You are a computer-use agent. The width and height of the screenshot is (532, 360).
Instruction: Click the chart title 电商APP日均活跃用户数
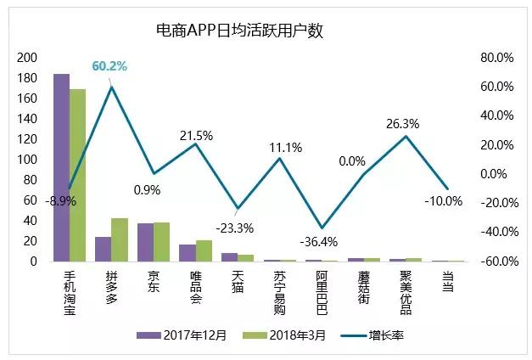tap(241, 31)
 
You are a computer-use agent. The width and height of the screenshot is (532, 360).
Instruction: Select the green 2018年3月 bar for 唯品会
tap(204, 251)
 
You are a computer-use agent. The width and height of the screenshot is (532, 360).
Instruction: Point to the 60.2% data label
tap(109, 66)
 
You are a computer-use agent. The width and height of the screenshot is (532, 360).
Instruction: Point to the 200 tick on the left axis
tap(27, 58)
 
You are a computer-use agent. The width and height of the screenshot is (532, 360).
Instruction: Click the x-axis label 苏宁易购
tap(279, 293)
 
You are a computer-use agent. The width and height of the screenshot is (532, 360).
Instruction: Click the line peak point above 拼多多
tap(111, 87)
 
